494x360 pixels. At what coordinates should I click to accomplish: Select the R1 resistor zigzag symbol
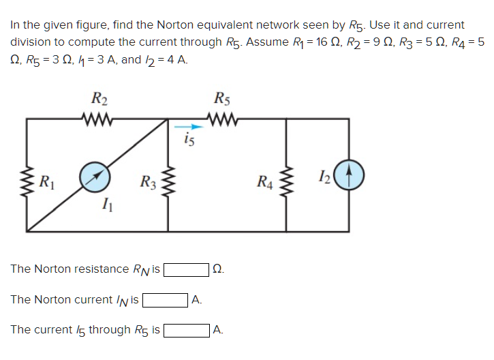(x=27, y=181)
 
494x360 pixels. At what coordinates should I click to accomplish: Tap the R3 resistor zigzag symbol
(x=168, y=181)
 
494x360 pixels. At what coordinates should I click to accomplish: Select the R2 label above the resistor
(x=100, y=99)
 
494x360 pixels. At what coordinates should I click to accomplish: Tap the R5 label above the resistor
(x=223, y=99)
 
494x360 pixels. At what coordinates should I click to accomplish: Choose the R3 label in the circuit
(x=147, y=181)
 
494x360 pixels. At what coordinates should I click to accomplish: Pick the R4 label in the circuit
(x=266, y=181)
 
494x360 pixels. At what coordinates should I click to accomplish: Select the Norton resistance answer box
(x=186, y=269)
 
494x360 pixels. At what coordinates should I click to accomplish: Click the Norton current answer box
(x=165, y=300)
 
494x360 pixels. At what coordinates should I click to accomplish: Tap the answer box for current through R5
(x=186, y=331)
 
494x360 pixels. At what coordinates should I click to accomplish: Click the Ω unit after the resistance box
(x=217, y=269)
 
